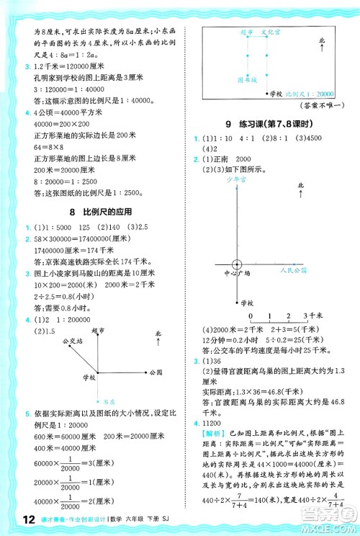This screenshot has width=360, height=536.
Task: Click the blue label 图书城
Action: click(227, 81)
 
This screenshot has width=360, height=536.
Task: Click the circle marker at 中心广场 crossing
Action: click(226, 267)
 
